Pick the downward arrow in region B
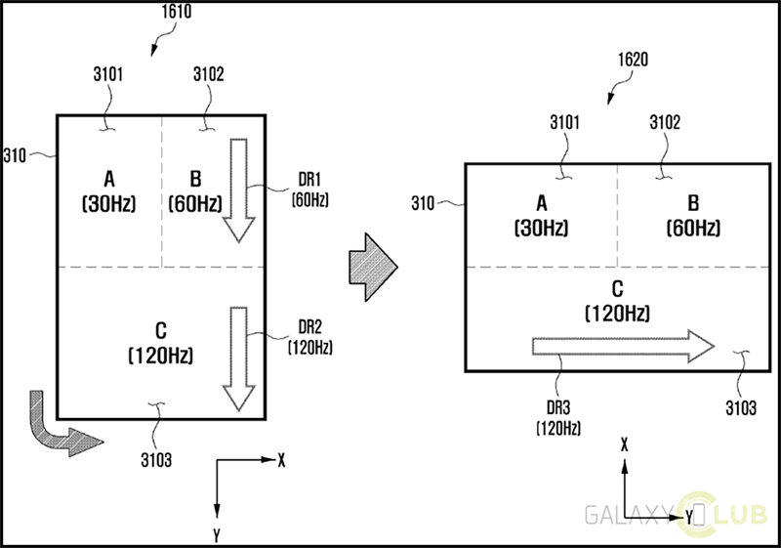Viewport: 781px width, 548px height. tap(237, 190)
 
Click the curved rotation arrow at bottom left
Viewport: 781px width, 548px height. tap(55, 425)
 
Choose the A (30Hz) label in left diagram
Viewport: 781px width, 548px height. tap(109, 190)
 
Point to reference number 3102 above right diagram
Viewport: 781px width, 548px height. tap(665, 123)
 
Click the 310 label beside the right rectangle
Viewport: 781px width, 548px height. tap(423, 203)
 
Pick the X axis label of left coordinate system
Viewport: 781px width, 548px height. tap(281, 458)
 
